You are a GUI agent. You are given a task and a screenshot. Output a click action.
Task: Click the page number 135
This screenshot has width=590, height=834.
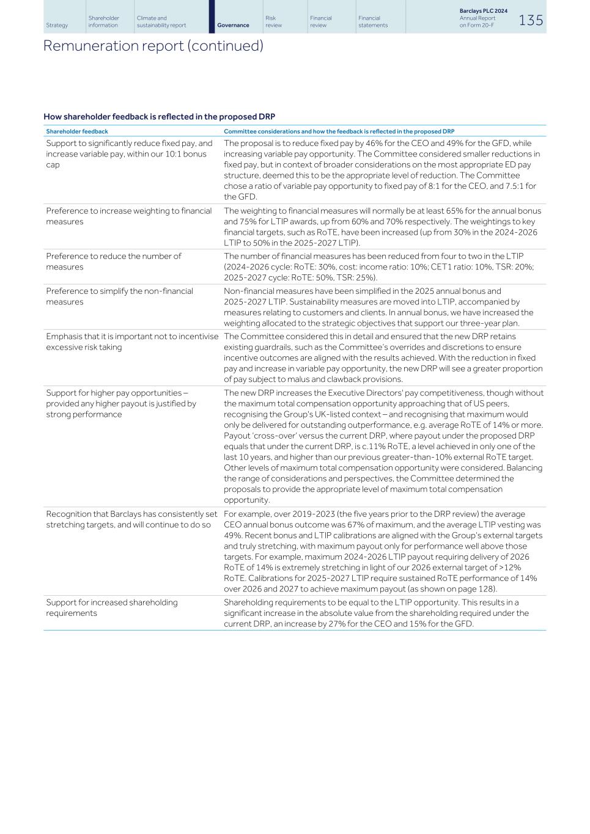[x=531, y=20]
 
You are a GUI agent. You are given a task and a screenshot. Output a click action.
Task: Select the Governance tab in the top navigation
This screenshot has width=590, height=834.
[x=233, y=25]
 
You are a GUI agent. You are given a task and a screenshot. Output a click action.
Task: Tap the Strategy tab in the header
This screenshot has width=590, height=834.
[x=57, y=25]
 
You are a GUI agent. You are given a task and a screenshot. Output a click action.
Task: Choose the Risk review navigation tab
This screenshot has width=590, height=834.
[x=274, y=21]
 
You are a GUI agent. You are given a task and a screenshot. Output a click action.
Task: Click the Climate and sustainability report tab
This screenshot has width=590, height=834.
[x=161, y=21]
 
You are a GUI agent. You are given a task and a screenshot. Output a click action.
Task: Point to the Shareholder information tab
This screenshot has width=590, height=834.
[x=103, y=21]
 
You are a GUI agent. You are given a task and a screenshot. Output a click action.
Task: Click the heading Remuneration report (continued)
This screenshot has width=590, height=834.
[x=153, y=46]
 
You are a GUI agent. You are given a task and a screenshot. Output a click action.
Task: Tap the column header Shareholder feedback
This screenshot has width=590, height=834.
[x=77, y=131]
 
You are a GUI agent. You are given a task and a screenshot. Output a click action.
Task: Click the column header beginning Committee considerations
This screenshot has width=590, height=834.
[x=339, y=131]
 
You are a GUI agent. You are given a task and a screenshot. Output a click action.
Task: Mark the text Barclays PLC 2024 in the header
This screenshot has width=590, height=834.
[x=483, y=11]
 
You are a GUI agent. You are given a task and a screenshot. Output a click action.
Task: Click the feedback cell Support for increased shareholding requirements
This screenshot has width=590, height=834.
[x=112, y=607]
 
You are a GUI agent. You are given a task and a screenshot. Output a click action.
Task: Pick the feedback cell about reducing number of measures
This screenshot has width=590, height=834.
[x=114, y=262]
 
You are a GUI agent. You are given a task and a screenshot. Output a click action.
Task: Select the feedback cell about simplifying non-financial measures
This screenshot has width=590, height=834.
[x=119, y=296]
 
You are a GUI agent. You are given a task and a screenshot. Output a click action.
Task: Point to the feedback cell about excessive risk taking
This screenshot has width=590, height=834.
[x=131, y=342]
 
